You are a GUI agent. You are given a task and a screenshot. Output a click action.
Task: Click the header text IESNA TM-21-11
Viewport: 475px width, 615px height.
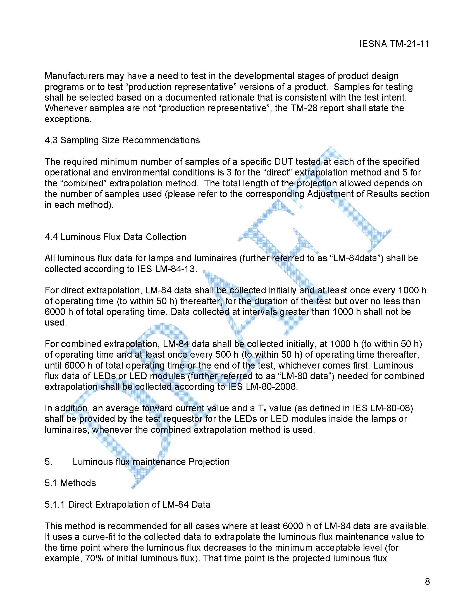(394, 44)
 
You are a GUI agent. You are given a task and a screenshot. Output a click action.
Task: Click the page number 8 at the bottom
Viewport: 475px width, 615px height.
(427, 581)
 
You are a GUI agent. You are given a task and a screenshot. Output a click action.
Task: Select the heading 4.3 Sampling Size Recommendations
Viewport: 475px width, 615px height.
(122, 140)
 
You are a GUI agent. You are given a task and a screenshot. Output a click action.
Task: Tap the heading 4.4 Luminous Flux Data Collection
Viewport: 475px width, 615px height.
(115, 237)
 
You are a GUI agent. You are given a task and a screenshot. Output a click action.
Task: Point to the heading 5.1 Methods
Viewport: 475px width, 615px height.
(70, 483)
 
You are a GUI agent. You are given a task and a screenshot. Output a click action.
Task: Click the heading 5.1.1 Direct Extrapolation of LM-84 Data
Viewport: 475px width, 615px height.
(127, 504)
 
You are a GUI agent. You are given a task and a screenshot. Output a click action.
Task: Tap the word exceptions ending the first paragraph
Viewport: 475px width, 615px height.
(68, 119)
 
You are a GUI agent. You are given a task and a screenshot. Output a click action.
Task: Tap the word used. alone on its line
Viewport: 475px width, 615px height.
(56, 322)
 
